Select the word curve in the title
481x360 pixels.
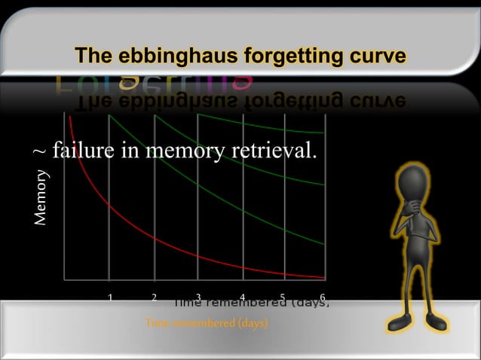point(373,56)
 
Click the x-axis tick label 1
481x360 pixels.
point(110,297)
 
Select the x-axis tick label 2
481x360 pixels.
point(154,297)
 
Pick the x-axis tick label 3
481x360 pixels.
point(198,297)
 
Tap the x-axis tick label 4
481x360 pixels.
point(242,297)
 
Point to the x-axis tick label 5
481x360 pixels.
point(282,297)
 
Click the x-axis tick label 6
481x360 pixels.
point(323,297)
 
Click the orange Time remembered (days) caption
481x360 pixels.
point(207,323)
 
